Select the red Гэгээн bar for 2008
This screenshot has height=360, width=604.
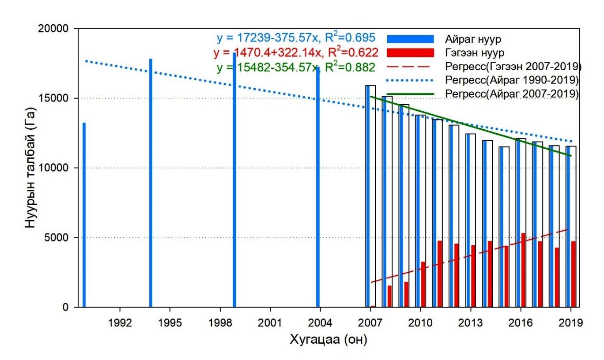389,296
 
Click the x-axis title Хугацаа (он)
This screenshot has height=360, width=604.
328,340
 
